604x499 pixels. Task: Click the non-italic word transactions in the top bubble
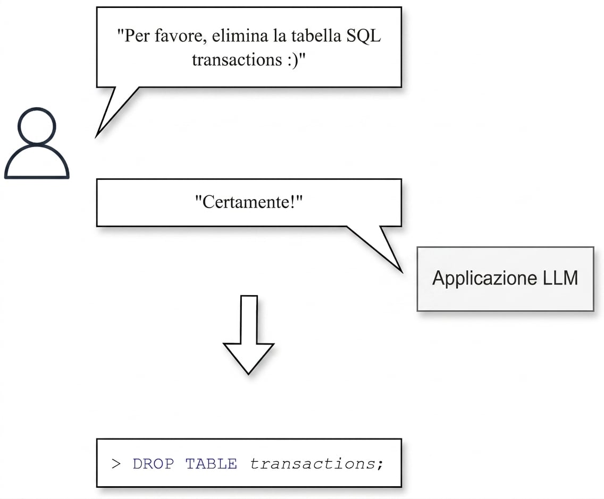[237, 59]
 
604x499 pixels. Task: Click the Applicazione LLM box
[506, 279]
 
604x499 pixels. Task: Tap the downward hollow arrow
[248, 334]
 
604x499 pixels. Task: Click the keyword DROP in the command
[153, 463]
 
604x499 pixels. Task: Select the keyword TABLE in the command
[211, 463]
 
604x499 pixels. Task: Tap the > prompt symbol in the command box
[116, 464]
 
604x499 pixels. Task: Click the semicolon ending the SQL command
[380, 464]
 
